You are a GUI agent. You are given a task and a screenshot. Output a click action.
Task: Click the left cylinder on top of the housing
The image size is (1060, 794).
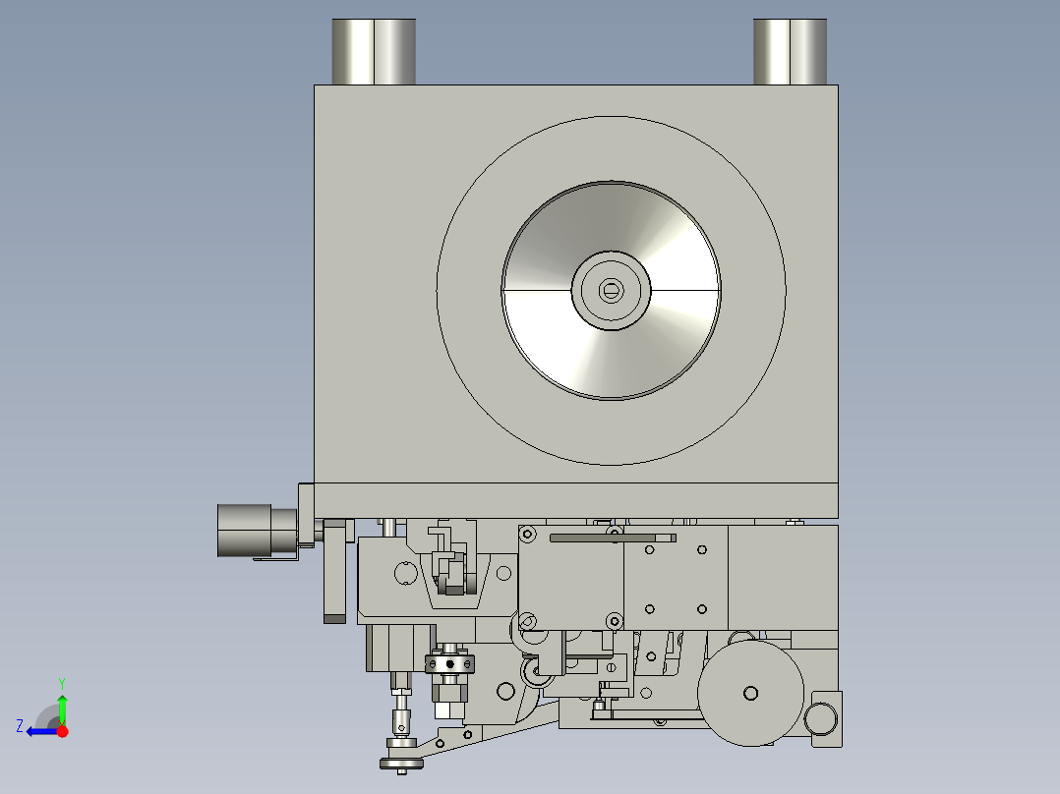pos(374,51)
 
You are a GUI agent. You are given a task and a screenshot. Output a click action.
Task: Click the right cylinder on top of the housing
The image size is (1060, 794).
pos(790,51)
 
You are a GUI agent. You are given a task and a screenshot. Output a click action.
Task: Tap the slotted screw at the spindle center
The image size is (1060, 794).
pos(612,291)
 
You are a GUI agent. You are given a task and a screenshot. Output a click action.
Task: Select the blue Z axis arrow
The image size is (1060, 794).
pos(42,731)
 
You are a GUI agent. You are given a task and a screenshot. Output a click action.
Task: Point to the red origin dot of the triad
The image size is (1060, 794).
pos(62,731)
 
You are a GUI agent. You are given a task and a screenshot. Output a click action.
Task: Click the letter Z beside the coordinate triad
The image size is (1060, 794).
pos(20,726)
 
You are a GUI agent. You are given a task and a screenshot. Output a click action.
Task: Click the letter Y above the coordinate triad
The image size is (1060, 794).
pos(62,683)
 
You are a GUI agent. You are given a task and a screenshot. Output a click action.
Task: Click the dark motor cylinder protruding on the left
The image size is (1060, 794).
pos(257,532)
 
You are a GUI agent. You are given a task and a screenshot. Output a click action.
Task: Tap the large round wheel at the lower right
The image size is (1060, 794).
pos(750,694)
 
